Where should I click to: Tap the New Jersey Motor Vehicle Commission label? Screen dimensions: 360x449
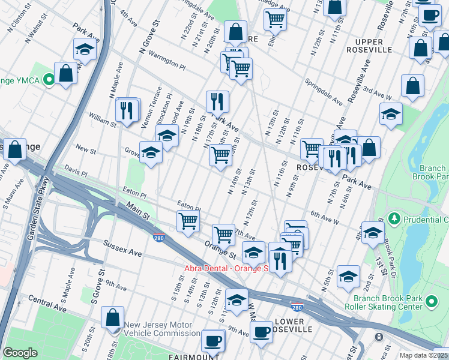(162, 329)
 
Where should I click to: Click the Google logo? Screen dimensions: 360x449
(20, 353)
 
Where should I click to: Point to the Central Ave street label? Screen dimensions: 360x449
(47, 303)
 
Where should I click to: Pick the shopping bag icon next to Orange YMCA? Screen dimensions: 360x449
(65, 73)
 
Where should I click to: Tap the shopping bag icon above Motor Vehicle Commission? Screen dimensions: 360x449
(112, 317)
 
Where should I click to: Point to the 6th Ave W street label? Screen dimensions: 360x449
(325, 217)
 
